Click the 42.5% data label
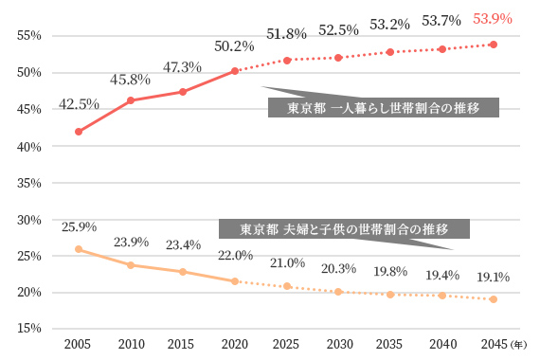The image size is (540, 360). pyautogui.click(x=79, y=104)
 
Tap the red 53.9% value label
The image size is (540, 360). pyautogui.click(x=493, y=19)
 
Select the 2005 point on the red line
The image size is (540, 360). pyautogui.click(x=79, y=132)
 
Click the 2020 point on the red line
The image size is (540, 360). pyautogui.click(x=235, y=71)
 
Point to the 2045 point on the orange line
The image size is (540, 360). pyautogui.click(x=494, y=299)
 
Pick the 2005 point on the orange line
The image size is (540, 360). pyautogui.click(x=79, y=249)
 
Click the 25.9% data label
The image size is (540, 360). pyautogui.click(x=79, y=227)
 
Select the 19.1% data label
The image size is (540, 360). pyautogui.click(x=493, y=278)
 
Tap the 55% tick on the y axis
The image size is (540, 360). pyautogui.click(x=30, y=36)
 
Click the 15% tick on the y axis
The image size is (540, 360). pyautogui.click(x=30, y=329)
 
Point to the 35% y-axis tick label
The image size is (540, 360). pyautogui.click(x=30, y=183)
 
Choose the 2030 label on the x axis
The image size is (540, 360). pyautogui.click(x=338, y=344)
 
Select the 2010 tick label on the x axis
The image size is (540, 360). pyautogui.click(x=131, y=344)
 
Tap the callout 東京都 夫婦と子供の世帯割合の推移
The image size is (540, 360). pyautogui.click(x=345, y=229)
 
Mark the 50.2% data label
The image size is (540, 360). pyautogui.click(x=235, y=46)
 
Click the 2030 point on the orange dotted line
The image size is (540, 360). pyautogui.click(x=338, y=292)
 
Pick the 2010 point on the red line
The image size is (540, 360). pyautogui.click(x=131, y=100)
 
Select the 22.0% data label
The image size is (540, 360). pyautogui.click(x=235, y=256)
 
